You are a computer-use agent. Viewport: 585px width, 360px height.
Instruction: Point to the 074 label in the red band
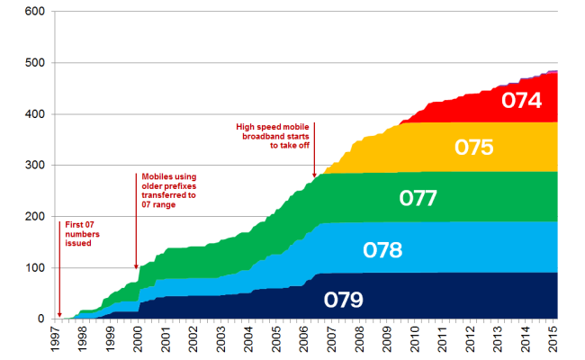coord(522,100)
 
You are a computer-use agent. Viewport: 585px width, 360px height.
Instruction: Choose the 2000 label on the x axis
coord(138,338)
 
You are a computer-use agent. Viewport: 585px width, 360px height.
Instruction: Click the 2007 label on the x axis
coord(333,338)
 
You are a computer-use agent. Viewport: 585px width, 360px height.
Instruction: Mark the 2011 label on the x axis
coord(444,338)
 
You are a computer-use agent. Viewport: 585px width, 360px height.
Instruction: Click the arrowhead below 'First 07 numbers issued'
coord(59,315)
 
